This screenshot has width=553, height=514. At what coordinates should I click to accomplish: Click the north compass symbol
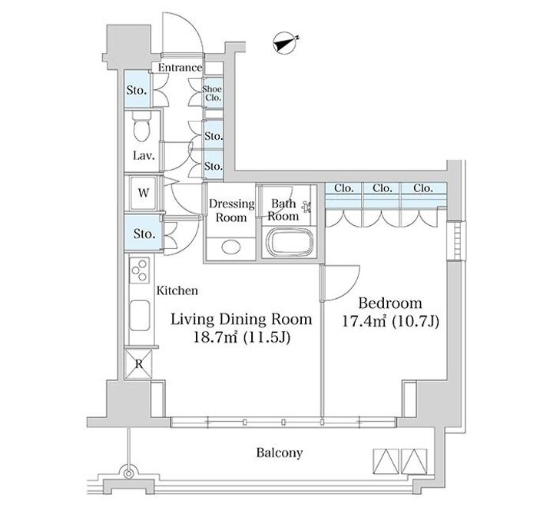click(284, 44)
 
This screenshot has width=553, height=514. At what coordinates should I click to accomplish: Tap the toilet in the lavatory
click(141, 127)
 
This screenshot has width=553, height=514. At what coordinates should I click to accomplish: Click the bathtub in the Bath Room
click(290, 242)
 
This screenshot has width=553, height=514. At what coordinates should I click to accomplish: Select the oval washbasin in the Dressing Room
click(231, 247)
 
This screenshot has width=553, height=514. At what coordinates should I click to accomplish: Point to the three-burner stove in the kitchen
click(140, 270)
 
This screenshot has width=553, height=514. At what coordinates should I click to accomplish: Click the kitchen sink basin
click(140, 315)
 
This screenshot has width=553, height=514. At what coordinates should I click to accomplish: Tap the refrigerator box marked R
click(139, 364)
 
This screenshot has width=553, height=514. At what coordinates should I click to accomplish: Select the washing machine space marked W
click(143, 193)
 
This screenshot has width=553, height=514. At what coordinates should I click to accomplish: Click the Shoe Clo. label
click(212, 94)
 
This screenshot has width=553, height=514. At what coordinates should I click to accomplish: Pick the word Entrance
click(180, 68)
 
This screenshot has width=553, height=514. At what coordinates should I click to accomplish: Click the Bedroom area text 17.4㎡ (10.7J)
click(391, 321)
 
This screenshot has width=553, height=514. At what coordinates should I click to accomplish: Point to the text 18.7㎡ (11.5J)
click(242, 337)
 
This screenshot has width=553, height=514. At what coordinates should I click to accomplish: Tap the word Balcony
click(280, 453)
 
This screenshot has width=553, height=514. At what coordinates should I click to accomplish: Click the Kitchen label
click(177, 290)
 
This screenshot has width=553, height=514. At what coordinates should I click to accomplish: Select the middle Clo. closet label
click(382, 188)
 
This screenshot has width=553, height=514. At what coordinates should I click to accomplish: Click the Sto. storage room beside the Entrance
click(137, 89)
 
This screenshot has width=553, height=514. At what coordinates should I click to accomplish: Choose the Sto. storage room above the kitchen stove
click(144, 234)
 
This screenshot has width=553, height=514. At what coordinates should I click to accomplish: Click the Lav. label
click(144, 155)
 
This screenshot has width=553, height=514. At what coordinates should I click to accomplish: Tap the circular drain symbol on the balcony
click(129, 473)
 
